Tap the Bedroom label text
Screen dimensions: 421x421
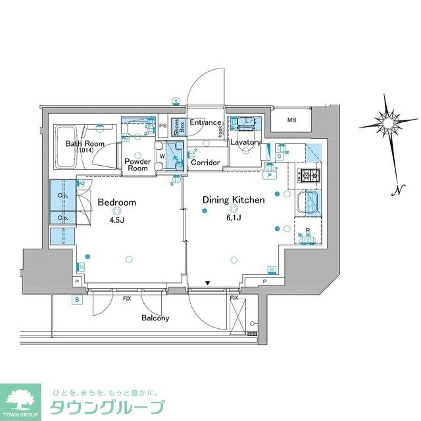pos(116,202)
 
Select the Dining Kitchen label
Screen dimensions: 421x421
pos(233,199)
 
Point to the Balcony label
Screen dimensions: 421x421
pos(155,318)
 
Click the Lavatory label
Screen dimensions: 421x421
pos(245,142)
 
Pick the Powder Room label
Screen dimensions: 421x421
pos(137,164)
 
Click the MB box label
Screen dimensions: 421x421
pos(291,120)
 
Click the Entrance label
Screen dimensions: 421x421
pos(205,123)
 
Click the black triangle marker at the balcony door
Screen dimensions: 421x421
pos(207,284)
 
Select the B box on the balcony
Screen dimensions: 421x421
pos(77,300)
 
